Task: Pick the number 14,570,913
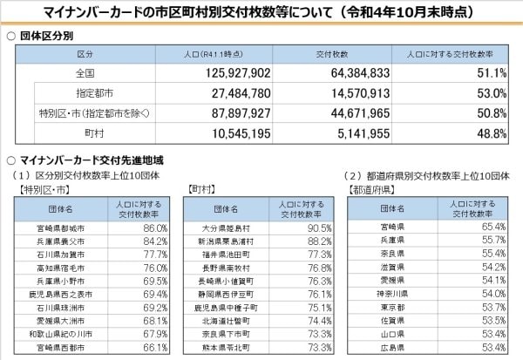point(347,93)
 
